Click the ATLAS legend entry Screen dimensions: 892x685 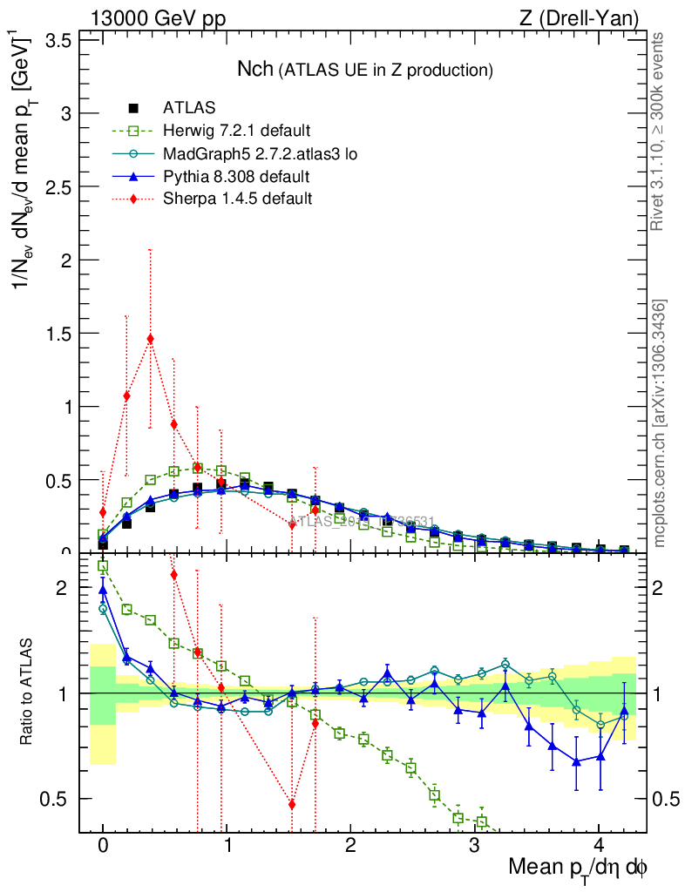pos(183,109)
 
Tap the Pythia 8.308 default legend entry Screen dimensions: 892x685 pos(236,177)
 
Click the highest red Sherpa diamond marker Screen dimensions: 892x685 pos(151,339)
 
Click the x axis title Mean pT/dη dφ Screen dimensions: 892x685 pos(578,868)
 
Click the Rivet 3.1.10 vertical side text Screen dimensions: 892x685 pos(658,131)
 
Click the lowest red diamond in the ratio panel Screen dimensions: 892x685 pos(292,804)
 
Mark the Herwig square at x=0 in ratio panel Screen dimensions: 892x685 pos(103,566)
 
